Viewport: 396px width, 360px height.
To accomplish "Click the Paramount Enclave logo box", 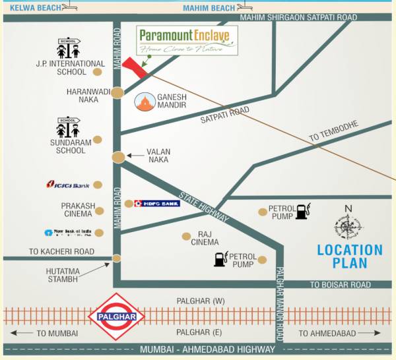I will pyautogui.click(x=188, y=40).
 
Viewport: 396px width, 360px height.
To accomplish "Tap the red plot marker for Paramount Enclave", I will pyautogui.click(x=135, y=67).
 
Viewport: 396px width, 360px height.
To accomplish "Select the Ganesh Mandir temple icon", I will pyautogui.click(x=145, y=102).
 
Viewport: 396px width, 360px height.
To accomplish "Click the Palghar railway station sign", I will pyautogui.click(x=116, y=316).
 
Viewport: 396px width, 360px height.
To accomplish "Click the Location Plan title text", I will pyautogui.click(x=350, y=256).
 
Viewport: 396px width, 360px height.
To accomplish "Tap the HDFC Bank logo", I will pyautogui.click(x=156, y=204).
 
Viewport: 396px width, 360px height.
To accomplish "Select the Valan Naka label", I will pyautogui.click(x=158, y=156).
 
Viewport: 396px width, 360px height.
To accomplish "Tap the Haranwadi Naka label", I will pyautogui.click(x=82, y=96).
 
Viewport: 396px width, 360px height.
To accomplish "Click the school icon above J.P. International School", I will pyautogui.click(x=68, y=48).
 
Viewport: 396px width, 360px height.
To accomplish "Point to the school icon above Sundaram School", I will pyautogui.click(x=68, y=127).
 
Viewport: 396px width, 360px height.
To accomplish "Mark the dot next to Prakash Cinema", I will pyautogui.click(x=100, y=211).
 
